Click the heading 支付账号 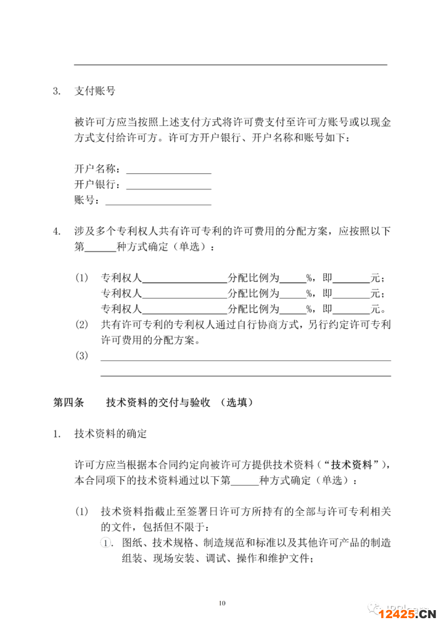(94, 91)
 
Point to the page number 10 (222, 602)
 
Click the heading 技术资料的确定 (110, 434)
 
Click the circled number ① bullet (107, 543)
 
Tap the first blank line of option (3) (245, 360)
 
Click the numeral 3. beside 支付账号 (57, 91)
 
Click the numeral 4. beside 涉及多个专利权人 (57, 232)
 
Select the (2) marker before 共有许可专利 (81, 324)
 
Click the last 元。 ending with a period (377, 308)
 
